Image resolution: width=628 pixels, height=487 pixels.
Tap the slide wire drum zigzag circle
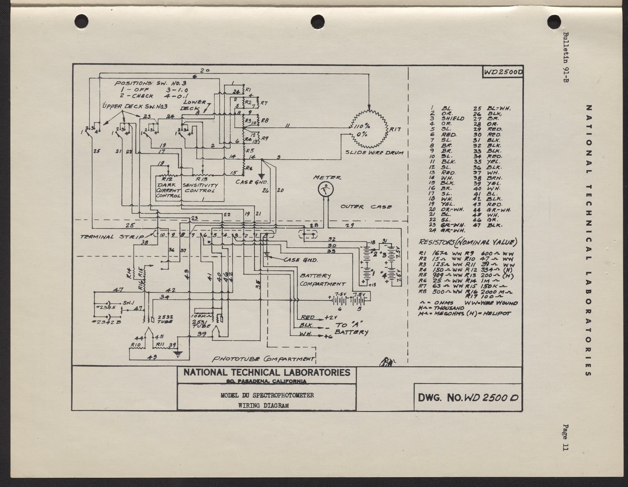[369, 129]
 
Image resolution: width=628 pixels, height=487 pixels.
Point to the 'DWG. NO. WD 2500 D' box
[467, 397]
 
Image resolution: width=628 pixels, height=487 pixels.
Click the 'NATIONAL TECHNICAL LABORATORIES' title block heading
[266, 373]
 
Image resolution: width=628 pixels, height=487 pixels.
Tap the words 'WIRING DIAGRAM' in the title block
[266, 405]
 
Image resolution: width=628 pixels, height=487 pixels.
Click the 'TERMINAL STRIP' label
[111, 237]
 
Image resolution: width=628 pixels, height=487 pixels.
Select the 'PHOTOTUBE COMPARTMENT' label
[263, 360]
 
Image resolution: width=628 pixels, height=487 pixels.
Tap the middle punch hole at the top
[318, 21]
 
